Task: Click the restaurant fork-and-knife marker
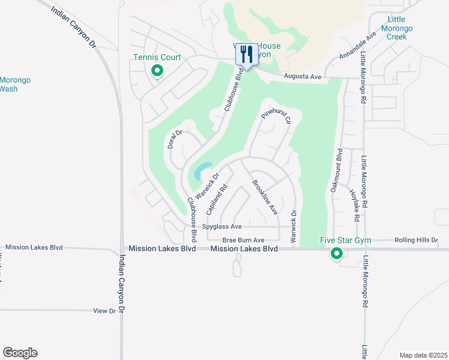click(246, 55)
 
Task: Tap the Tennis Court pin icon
click(157, 71)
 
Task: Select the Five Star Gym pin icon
click(337, 254)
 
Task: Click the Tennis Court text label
click(157, 58)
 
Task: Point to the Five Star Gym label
click(345, 241)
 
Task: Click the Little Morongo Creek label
click(397, 28)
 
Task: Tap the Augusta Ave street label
click(303, 77)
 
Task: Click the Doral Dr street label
click(175, 139)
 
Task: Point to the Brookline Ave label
click(265, 197)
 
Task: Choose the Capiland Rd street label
click(217, 199)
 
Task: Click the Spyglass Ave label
click(221, 226)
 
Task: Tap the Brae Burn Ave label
click(239, 239)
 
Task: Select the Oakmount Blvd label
click(336, 170)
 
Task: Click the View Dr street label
click(104, 311)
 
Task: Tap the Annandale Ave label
click(357, 46)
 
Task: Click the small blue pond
click(202, 171)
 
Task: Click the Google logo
click(20, 353)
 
